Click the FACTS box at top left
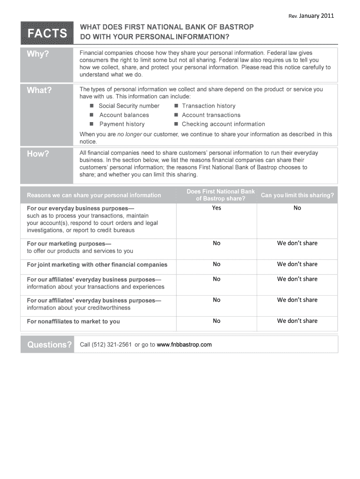[47, 33]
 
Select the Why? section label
[38, 54]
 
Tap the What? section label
[39, 90]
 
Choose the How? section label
[38, 154]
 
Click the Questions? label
[50, 345]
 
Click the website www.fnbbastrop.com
[184, 345]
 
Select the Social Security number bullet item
[129, 106]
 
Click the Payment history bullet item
[122, 124]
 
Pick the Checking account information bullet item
[223, 124]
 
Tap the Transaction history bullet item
[209, 106]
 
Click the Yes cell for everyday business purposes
[216, 208]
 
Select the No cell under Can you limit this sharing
[297, 208]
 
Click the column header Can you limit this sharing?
[297, 196]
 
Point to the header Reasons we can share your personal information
[94, 196]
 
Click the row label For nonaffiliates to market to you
[73, 321]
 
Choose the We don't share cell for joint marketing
[297, 264]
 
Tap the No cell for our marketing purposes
[216, 243]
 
